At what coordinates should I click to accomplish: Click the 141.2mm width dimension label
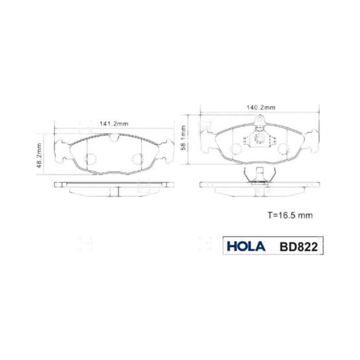(x=114, y=124)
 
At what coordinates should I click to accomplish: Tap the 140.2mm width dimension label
(x=261, y=108)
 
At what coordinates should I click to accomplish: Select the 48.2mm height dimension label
(x=39, y=155)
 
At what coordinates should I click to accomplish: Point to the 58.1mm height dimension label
(x=183, y=138)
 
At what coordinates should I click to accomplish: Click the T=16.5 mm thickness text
(x=290, y=216)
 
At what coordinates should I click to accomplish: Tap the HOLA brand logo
(x=246, y=246)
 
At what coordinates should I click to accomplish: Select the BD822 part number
(x=299, y=247)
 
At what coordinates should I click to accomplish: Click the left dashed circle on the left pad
(x=90, y=159)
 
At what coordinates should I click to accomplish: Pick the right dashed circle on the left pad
(x=138, y=159)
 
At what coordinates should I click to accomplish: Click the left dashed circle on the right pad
(x=236, y=148)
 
